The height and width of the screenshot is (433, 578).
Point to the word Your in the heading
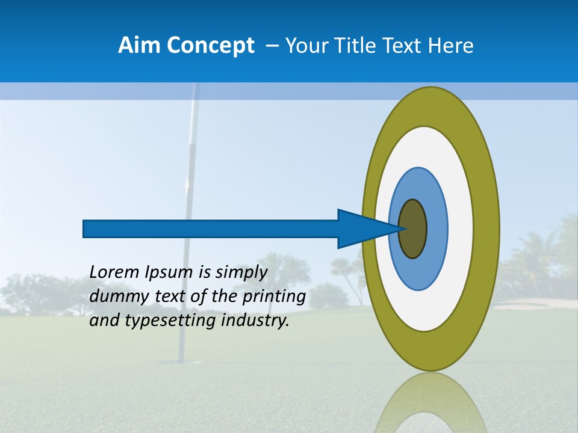(x=306, y=46)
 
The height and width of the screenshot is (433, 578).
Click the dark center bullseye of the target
(x=412, y=229)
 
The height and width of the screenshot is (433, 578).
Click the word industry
(x=255, y=321)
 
